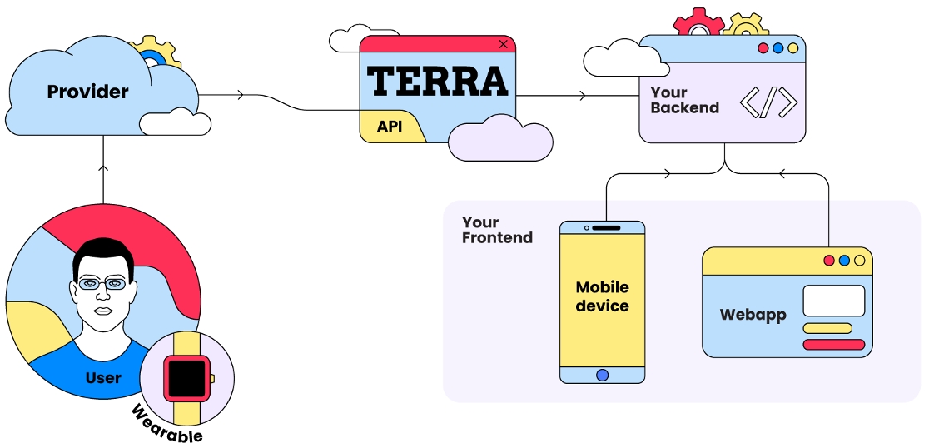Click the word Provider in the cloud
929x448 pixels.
[x=87, y=92]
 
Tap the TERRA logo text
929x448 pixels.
[x=437, y=81]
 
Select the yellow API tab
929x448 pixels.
[x=390, y=127]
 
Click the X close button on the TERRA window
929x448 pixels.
[x=503, y=44]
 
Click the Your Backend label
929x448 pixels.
[x=684, y=100]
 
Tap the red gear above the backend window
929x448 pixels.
[x=698, y=23]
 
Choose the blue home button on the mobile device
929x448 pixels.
[x=602, y=375]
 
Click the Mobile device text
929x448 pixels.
[x=602, y=296]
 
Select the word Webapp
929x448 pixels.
[x=753, y=316]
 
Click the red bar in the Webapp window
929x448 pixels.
[x=833, y=344]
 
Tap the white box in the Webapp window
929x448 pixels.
[x=833, y=301]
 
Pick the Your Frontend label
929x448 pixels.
[x=497, y=230]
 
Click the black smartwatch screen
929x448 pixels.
[x=186, y=377]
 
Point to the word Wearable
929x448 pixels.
[x=166, y=424]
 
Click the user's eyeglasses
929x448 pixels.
[x=103, y=284]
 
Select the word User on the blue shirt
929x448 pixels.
[x=103, y=378]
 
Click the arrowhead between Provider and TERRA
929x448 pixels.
[x=241, y=95]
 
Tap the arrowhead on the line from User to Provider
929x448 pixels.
[x=103, y=167]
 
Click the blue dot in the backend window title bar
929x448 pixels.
[x=777, y=48]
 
